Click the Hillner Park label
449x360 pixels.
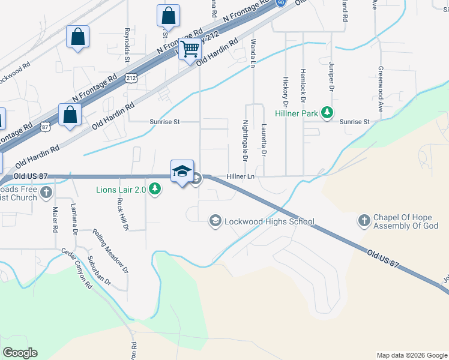pos(297,113)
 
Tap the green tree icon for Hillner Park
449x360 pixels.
pos(327,113)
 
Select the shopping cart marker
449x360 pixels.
pos(190,49)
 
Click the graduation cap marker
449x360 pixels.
pos(182,172)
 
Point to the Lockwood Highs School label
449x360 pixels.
pos(269,221)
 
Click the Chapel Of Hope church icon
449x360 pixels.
pos(364,221)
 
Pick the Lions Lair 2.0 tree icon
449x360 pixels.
pos(155,190)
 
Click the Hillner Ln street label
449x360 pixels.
pos(241,176)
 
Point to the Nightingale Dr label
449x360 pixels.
pos(245,141)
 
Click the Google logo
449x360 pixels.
pos(20,353)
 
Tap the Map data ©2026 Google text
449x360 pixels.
pos(411,355)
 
